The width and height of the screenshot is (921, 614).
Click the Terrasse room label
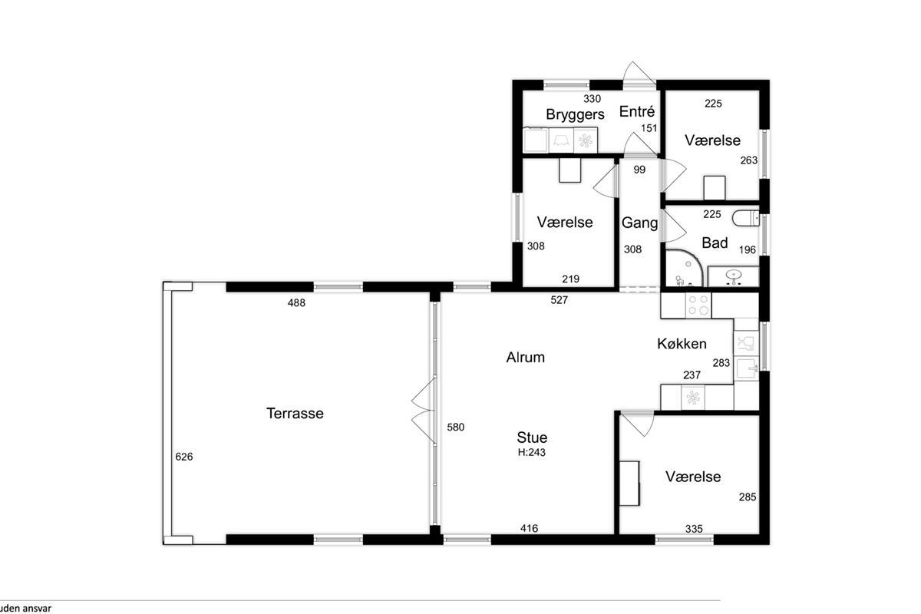(295, 414)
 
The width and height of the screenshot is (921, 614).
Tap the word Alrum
(526, 358)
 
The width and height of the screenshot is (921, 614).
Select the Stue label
(532, 437)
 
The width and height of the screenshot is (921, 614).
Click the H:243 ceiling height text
(532, 452)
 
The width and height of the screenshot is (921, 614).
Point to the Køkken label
(682, 343)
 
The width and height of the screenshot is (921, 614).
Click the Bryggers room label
(575, 114)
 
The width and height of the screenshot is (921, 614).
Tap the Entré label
(637, 111)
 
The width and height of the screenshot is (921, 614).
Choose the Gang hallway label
(639, 223)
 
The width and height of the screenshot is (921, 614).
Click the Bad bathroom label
(715, 243)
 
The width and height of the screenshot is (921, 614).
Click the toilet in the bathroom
(745, 219)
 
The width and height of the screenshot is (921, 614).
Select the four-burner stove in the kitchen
(698, 305)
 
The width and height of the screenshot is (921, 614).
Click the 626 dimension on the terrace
(183, 457)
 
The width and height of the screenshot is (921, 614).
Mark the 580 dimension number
(456, 427)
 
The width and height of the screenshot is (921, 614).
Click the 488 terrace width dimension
(296, 302)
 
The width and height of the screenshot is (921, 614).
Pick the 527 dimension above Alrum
(560, 300)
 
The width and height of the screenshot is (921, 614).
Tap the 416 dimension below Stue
(529, 528)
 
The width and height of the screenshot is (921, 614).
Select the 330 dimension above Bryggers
(592, 99)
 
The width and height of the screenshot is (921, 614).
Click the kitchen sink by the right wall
(747, 368)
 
